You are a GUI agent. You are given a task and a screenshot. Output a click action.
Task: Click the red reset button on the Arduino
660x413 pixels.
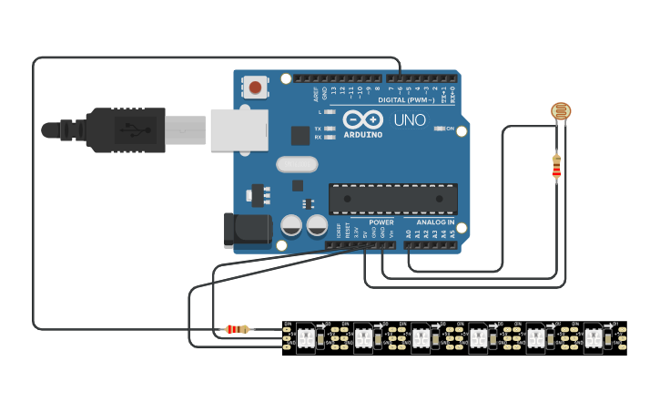click(255, 88)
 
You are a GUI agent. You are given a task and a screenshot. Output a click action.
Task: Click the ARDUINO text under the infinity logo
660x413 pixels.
click(363, 134)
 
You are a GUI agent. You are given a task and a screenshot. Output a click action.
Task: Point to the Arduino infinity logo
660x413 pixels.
click(362, 119)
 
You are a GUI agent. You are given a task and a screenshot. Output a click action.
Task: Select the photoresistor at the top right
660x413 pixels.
click(562, 112)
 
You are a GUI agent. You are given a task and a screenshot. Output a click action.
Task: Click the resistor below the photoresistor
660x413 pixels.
click(556, 168)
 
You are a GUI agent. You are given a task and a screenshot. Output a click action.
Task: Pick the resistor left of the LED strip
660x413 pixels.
click(238, 329)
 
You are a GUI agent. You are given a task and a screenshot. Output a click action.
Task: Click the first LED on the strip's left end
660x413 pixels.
click(306, 338)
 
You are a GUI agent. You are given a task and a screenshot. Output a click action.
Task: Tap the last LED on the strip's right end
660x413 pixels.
click(593, 338)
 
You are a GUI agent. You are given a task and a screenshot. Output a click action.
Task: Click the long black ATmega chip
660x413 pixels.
click(393, 198)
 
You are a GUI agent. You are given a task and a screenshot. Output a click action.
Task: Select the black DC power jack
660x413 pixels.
click(248, 230)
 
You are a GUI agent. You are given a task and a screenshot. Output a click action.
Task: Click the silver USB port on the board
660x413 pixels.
click(239, 129)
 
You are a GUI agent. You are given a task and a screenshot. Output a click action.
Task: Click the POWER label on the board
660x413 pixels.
click(381, 222)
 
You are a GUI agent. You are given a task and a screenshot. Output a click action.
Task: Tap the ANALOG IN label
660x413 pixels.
click(435, 222)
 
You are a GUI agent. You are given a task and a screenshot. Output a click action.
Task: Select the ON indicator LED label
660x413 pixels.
click(450, 129)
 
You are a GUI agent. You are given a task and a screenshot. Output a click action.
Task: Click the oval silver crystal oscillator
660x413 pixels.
click(296, 164)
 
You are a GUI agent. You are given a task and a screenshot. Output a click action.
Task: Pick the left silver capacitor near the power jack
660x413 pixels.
click(291, 224)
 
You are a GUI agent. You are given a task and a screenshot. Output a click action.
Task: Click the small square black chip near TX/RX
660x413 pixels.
click(300, 135)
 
